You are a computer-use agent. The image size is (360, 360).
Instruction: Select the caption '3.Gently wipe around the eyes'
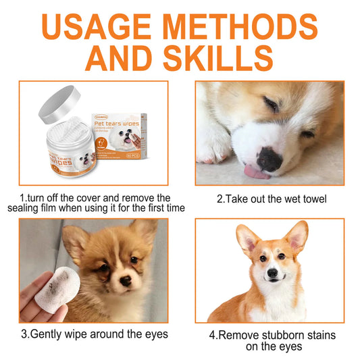(94, 334)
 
